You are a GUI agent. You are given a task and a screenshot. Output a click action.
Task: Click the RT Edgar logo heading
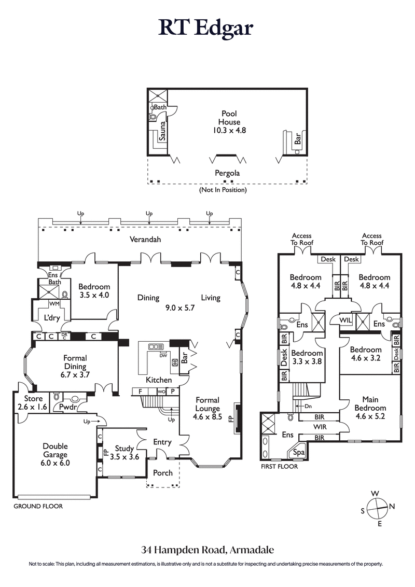[x=208, y=28]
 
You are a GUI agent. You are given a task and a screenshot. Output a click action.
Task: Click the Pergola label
[x=227, y=173]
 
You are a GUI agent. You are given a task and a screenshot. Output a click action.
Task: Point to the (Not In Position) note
[x=223, y=190]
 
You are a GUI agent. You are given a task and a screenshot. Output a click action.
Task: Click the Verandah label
[x=145, y=240]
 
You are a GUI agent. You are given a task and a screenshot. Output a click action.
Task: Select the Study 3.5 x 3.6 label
[x=124, y=453]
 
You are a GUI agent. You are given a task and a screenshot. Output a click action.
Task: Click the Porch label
[x=163, y=473]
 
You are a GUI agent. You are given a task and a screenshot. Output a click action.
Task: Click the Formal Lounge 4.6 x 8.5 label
[x=208, y=409]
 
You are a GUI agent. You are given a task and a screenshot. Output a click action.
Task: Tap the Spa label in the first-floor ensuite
[x=299, y=452]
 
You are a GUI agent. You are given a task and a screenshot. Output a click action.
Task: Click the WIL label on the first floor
[x=346, y=320]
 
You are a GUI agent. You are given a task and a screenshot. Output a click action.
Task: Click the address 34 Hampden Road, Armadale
[x=207, y=549]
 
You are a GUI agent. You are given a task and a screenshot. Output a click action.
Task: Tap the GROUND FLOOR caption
[x=38, y=506]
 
